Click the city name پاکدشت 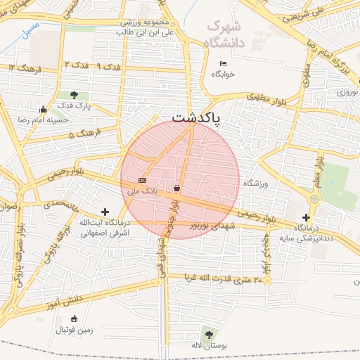(196, 117)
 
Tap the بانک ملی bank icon (142, 180)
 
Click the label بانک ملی (141, 191)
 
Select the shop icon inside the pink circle (176, 188)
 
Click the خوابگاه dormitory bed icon (224, 64)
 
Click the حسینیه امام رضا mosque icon (44, 109)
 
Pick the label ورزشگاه (257, 183)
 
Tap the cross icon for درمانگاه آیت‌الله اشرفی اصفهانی (105, 212)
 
